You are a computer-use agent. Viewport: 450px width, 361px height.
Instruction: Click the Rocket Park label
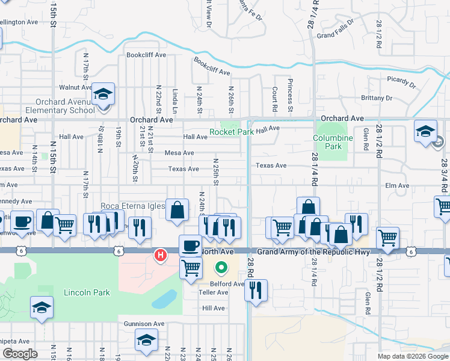point(232,132)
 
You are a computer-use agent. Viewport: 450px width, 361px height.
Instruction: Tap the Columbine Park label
point(333,142)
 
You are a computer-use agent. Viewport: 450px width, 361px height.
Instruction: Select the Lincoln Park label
point(87,292)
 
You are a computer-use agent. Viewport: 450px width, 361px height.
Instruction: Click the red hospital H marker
point(161,255)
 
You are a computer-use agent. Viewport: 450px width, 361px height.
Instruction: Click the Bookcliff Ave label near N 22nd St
point(146,55)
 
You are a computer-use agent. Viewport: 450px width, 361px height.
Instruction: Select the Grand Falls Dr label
point(335,35)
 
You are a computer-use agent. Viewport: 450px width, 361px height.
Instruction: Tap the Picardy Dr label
point(401,81)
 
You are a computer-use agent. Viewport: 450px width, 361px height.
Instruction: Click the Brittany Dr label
point(377,97)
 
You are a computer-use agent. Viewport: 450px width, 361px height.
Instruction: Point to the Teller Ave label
point(214,292)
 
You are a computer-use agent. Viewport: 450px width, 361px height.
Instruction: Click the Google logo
point(20,354)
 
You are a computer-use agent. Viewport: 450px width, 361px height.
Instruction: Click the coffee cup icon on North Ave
point(191,245)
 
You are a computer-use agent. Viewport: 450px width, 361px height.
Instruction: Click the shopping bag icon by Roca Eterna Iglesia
point(177,211)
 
